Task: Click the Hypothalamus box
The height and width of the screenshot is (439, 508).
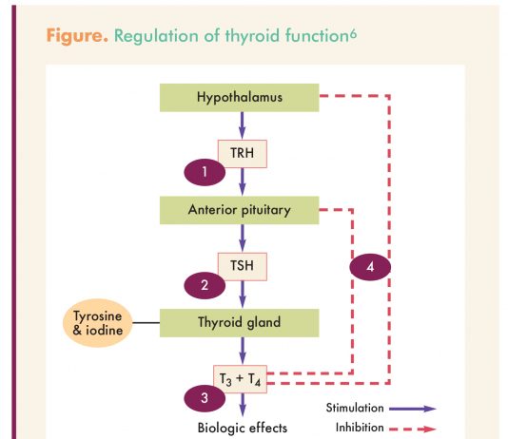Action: click(240, 98)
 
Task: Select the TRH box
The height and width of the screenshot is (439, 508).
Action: click(243, 154)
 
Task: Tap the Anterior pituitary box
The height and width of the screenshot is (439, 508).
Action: click(240, 210)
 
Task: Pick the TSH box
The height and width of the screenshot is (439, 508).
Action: click(243, 267)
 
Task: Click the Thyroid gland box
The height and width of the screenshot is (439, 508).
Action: click(240, 323)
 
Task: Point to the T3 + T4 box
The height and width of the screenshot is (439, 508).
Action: click(240, 379)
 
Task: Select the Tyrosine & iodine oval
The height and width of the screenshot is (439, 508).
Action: click(98, 323)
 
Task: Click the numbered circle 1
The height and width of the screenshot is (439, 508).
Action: click(205, 172)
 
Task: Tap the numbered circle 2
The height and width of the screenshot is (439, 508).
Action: click(205, 285)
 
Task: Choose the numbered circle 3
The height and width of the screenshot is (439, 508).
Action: click(205, 398)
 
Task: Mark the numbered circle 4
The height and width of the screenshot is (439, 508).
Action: click(370, 267)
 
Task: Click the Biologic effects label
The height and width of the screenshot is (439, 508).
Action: click(243, 428)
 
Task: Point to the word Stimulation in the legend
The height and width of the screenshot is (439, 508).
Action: click(355, 408)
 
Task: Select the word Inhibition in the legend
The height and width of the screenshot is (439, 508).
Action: click(360, 428)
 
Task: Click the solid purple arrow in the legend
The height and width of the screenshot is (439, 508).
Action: click(413, 409)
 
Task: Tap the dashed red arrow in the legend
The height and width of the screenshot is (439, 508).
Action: click(413, 429)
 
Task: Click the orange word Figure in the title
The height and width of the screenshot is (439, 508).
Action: click(77, 35)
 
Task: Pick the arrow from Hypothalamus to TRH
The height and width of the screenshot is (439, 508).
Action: click(242, 125)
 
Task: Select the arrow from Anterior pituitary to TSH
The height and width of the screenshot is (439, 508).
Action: click(242, 239)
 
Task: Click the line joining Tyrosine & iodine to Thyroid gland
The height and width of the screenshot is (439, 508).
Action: click(147, 322)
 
